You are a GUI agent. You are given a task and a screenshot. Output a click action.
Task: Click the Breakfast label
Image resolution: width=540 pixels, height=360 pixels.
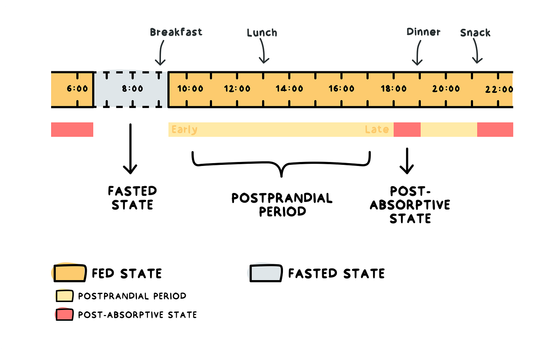point(176,32)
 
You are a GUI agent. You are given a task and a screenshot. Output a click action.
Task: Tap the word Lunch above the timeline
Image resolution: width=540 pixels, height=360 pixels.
point(262,33)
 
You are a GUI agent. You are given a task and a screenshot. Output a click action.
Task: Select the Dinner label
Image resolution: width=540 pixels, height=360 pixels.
point(423,32)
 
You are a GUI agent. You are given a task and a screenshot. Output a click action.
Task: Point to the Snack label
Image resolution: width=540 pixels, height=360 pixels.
point(475,33)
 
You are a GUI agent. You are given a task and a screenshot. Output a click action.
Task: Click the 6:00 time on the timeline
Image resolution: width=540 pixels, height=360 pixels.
point(77,89)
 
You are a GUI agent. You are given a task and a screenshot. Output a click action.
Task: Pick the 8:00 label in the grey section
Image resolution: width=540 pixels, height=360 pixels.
point(132,89)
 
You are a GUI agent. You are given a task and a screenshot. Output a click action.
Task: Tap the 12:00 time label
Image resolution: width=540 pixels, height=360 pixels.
point(237,89)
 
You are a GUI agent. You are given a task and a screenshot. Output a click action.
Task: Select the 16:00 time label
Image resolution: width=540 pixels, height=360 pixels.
point(342,89)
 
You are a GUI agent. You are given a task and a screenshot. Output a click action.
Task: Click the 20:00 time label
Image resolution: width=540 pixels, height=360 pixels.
point(446,89)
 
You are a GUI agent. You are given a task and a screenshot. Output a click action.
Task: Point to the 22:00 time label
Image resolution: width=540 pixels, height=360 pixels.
point(499,89)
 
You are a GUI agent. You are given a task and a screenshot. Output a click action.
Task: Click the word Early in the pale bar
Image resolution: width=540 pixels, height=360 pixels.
point(184,130)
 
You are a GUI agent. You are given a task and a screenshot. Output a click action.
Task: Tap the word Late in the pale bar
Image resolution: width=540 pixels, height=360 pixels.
point(377,130)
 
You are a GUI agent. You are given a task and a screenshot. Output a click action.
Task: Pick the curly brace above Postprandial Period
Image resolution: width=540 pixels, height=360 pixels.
point(282,164)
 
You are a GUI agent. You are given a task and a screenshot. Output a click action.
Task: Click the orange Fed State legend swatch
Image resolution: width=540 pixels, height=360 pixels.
point(70,273)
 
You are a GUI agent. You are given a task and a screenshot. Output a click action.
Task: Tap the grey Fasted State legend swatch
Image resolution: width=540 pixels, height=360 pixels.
point(266,273)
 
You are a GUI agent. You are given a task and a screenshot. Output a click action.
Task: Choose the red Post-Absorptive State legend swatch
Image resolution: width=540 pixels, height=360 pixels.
point(64,315)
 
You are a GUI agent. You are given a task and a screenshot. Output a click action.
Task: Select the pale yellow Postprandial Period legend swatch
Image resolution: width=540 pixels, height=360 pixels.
point(64,296)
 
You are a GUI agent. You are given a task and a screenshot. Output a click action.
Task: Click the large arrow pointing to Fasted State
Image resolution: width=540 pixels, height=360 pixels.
point(130,149)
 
